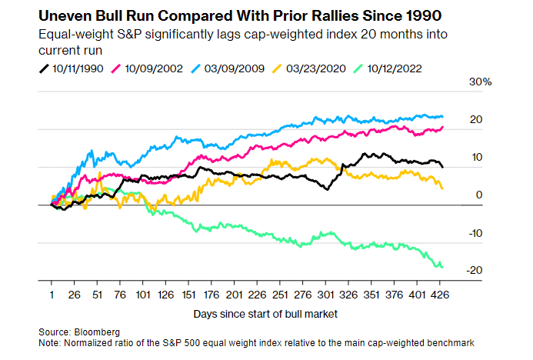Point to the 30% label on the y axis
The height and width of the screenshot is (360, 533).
(470, 82)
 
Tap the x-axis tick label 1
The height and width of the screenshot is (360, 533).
(51, 295)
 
